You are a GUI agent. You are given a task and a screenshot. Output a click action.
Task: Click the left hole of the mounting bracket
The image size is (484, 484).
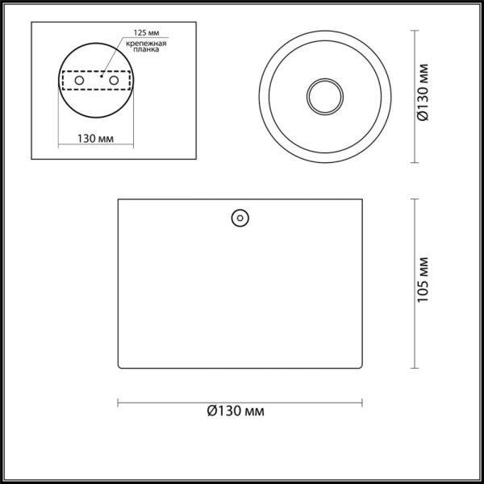pos(80,81)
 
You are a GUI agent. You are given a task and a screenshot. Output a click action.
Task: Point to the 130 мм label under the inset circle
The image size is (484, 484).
pos(94,139)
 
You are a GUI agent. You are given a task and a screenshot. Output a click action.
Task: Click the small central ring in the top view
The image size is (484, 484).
pos(325,95)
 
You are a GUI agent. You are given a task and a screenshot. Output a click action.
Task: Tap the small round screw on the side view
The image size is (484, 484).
pos(240,218)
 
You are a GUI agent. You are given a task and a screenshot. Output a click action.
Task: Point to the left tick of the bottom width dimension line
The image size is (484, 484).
pos(119,401)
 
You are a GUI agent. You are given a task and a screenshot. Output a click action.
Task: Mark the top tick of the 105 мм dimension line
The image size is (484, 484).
pos(415,198)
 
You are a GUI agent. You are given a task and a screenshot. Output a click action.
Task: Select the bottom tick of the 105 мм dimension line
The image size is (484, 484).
pos(415,368)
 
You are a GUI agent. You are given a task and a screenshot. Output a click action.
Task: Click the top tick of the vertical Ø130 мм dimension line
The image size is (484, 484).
pos(415,31)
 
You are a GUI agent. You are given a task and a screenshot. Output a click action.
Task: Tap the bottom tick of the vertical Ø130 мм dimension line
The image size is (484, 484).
pos(415,161)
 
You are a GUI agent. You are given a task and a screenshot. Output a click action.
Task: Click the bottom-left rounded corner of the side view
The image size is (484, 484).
pos(121,367)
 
